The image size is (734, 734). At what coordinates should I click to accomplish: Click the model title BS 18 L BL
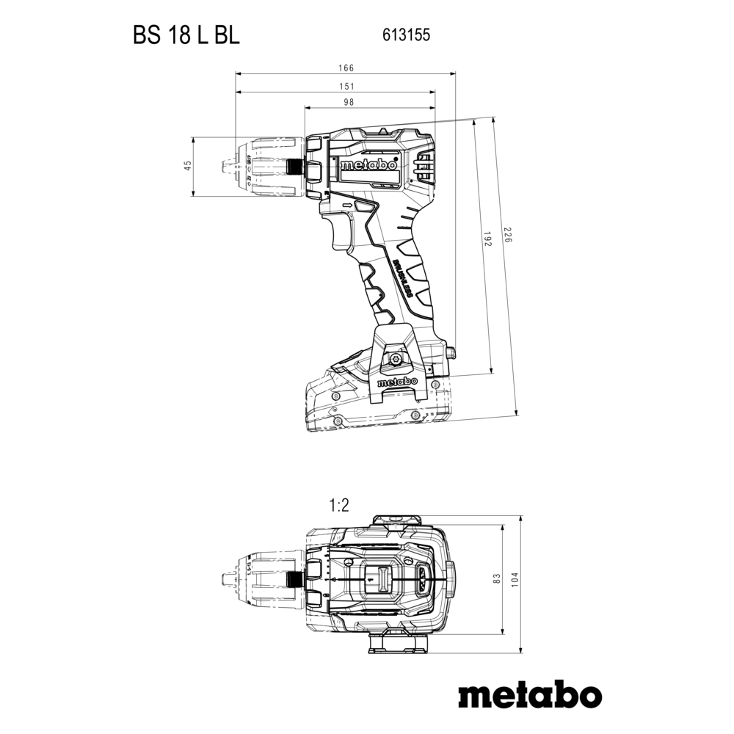click(x=186, y=36)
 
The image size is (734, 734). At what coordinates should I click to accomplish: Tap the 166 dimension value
click(x=346, y=68)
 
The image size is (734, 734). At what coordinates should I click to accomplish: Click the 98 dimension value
click(x=368, y=103)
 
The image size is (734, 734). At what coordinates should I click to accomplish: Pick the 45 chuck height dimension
click(x=187, y=167)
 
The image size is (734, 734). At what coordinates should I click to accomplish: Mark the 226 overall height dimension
click(x=506, y=237)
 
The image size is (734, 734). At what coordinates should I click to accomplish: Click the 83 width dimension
click(x=496, y=579)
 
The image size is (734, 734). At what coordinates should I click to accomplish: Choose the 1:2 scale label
click(x=339, y=505)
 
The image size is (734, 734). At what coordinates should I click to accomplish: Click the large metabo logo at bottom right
click(x=530, y=694)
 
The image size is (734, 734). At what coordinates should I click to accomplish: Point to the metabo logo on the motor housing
click(x=368, y=165)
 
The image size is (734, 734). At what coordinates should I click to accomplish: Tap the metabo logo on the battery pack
click(x=396, y=382)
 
